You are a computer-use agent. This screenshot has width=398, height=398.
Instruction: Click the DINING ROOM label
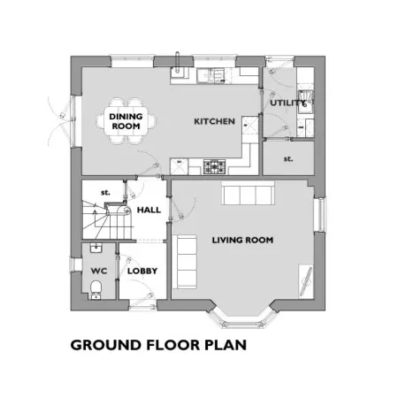pyautogui.click(x=126, y=121)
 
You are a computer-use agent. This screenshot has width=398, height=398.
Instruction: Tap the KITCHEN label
pyautogui.click(x=214, y=121)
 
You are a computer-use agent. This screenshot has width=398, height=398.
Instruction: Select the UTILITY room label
pyautogui.click(x=287, y=103)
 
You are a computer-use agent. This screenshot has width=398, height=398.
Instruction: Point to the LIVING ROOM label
pyautogui.click(x=242, y=240)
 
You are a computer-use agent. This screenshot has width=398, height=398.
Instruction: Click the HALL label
pyautogui.click(x=149, y=210)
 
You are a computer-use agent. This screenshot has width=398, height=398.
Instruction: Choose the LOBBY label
pyautogui.click(x=142, y=271)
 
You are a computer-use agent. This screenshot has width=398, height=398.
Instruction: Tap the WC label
pyautogui.click(x=99, y=271)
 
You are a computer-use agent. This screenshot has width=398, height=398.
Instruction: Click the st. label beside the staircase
pyautogui.click(x=105, y=193)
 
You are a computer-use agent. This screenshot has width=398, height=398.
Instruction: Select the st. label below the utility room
pyautogui.click(x=288, y=159)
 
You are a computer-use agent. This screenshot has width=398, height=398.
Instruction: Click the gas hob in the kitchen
pyautogui.click(x=214, y=167)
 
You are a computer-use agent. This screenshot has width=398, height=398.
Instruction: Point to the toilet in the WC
pyautogui.click(x=96, y=290)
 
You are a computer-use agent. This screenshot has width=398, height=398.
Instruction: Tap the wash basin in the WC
pyautogui.click(x=96, y=249)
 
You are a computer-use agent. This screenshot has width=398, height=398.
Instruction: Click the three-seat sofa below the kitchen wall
pyautogui.click(x=248, y=193)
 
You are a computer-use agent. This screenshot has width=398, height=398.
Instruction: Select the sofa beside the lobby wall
pyautogui.click(x=185, y=262)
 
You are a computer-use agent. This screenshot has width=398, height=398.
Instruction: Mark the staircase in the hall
pyautogui.click(x=107, y=219)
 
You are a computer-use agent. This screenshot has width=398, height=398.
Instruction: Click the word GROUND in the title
pyautogui.click(x=106, y=345)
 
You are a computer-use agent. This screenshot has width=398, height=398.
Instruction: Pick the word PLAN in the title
pyautogui.click(x=226, y=345)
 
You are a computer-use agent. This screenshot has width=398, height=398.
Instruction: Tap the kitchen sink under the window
pyautogui.click(x=211, y=75)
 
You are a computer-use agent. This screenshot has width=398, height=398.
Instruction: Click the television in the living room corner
pyautogui.click(x=306, y=281)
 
